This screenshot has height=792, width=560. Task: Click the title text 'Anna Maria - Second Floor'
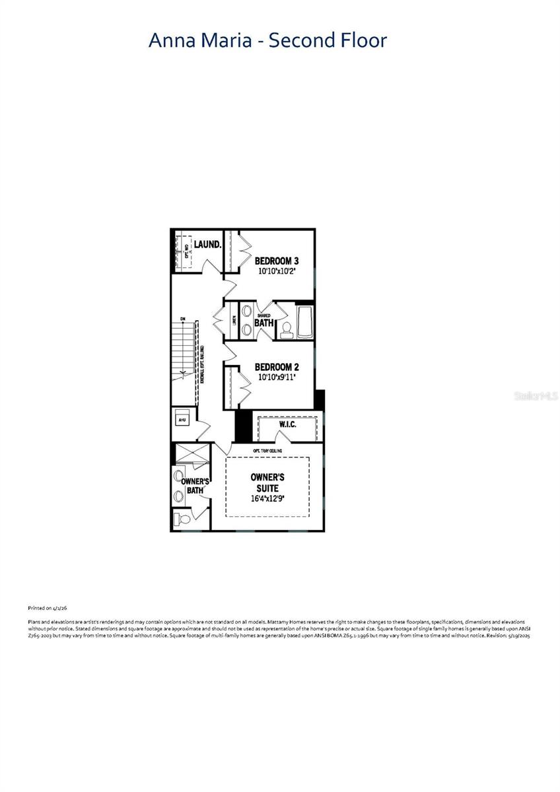267,40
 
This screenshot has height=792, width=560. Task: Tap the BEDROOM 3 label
277,260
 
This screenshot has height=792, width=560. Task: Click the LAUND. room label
207,245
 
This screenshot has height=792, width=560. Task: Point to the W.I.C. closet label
287,424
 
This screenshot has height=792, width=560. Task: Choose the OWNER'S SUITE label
267,482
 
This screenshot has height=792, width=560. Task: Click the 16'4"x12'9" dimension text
267,499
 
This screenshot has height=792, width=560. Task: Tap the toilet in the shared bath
287,331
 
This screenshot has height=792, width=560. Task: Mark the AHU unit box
182,419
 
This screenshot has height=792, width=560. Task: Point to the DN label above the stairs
183,319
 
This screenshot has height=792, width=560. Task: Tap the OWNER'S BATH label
195,486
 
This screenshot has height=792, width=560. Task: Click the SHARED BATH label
264,321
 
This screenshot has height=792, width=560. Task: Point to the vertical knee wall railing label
202,365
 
